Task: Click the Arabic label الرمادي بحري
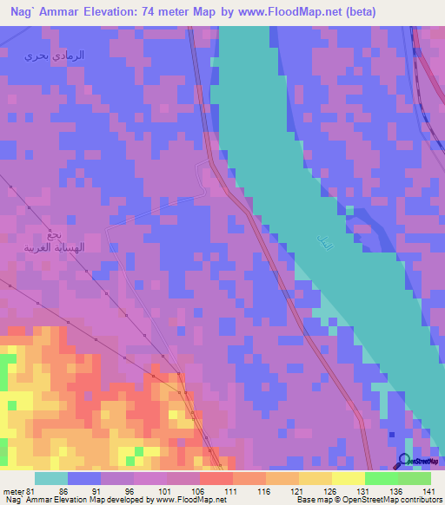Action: tap(55, 56)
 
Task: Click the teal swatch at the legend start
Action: tap(50, 478)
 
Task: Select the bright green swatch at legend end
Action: tap(414, 478)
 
